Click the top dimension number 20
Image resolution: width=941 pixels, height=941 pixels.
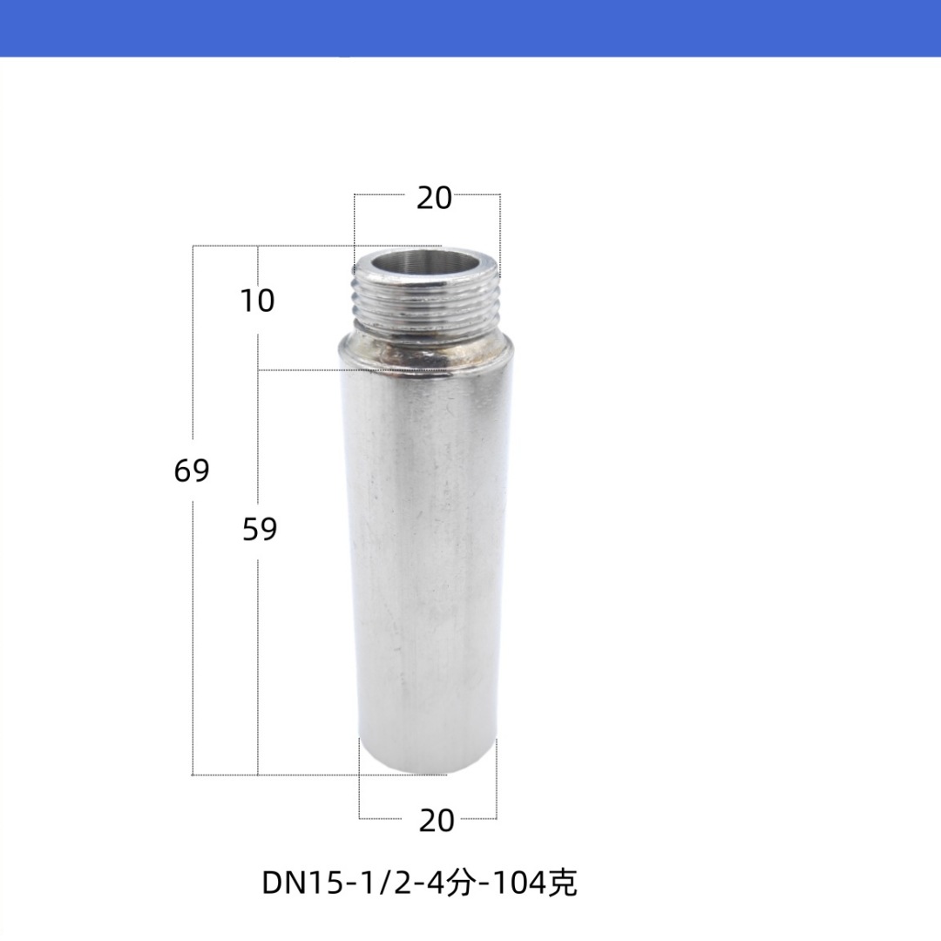coord(434,198)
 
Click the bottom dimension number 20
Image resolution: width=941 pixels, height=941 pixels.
coord(437,821)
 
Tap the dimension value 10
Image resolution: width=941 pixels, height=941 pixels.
coord(257,300)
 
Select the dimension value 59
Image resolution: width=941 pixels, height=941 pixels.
coord(260,529)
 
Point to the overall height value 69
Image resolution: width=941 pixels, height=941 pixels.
coord(192,470)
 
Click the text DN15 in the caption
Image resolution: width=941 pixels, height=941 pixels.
coord(301,883)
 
